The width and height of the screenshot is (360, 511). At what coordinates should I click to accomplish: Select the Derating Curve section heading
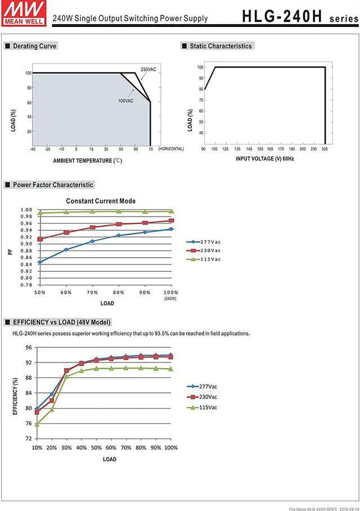[x=34, y=46]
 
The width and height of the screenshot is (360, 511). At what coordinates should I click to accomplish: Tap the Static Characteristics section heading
[x=220, y=46]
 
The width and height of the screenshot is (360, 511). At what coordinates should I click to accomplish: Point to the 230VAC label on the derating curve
[x=148, y=69]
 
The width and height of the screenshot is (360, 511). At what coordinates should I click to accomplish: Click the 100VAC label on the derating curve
[x=125, y=101]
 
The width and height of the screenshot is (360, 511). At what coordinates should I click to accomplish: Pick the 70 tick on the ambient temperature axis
[x=150, y=149]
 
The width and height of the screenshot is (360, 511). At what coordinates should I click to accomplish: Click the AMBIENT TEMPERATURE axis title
[x=87, y=160]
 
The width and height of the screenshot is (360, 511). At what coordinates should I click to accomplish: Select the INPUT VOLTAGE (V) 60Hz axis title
[x=265, y=159]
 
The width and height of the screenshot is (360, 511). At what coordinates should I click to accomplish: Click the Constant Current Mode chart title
[x=101, y=201]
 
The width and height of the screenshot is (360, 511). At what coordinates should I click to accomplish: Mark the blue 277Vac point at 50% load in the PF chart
[x=40, y=262]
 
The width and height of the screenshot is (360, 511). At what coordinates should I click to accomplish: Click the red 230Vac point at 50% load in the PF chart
[x=40, y=239]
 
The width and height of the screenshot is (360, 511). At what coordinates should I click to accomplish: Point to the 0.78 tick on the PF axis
[x=26, y=285]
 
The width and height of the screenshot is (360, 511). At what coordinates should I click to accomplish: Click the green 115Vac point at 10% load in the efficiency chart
[x=37, y=424]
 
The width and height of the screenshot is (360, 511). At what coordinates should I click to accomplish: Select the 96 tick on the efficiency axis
[x=29, y=348]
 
